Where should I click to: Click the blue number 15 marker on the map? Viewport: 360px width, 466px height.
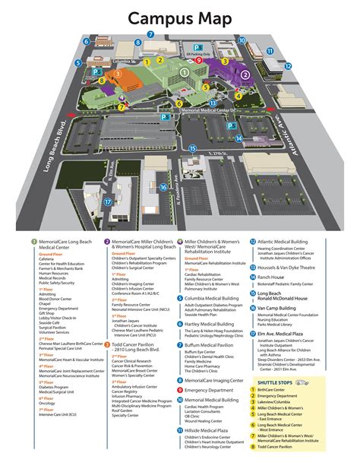tap(193, 148)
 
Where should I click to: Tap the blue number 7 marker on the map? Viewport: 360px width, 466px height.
tap(150, 35)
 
